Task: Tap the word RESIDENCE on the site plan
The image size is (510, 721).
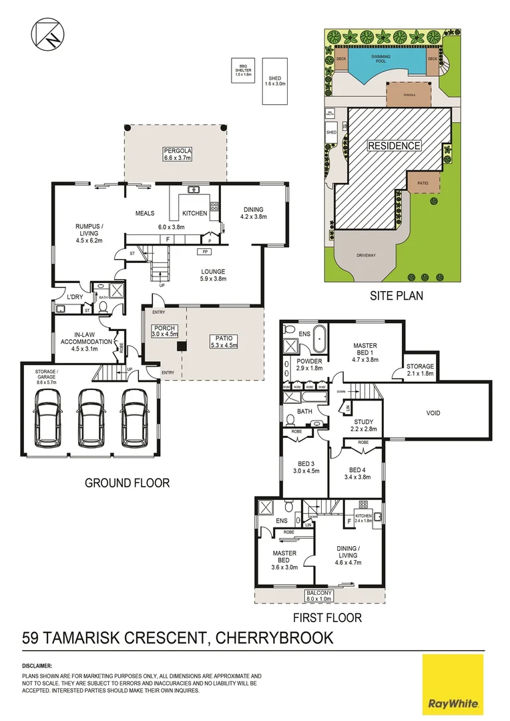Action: click(395, 146)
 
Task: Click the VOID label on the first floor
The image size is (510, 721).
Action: click(433, 413)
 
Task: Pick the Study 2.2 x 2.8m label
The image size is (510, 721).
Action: click(364, 425)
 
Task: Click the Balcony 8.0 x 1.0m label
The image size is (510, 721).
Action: click(320, 595)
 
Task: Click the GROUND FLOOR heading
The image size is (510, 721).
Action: click(127, 483)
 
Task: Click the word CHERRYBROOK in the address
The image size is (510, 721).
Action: click(274, 638)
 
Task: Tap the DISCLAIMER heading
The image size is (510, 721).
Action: click(37, 666)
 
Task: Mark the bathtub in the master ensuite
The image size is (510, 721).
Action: click(320, 340)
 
